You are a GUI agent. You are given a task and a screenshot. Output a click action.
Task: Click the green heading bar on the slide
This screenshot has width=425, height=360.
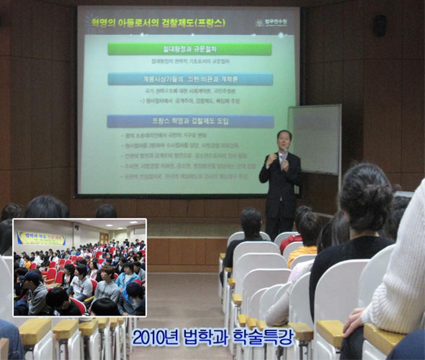coord(189,49)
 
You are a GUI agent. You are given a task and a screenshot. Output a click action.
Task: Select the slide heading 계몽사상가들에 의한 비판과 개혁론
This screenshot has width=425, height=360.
coord(190,79)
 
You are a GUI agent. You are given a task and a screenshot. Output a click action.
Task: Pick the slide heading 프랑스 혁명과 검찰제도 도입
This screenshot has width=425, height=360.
coord(190,121)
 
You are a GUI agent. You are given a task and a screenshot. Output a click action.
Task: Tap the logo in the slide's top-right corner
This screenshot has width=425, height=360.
coord(271,22)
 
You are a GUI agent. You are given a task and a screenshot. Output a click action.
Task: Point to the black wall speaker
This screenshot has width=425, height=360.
coord(380,25)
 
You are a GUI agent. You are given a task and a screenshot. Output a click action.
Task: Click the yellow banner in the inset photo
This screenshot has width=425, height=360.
coord(41,238)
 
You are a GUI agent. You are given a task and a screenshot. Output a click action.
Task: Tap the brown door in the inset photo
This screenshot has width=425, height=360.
coord(104,237)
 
